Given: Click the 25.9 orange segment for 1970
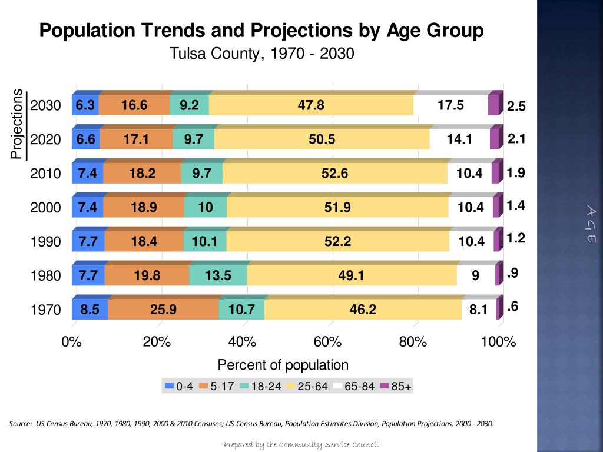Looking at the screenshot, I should pos(163,309).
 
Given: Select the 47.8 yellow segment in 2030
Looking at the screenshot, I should pos(311,105).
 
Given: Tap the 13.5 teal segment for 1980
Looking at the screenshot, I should pos(218,275).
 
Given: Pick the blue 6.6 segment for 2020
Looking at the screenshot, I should pos(86,139).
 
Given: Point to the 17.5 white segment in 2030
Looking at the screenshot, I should pos(451,105).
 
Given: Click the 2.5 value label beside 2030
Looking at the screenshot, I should pos(516,107).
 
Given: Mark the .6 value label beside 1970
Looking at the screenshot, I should pos(512,307).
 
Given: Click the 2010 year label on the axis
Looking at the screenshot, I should pos(45,174).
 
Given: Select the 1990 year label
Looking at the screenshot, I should pos(45,242).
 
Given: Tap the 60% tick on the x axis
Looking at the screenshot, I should pos(327,343).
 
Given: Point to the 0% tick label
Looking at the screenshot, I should pos(72,343).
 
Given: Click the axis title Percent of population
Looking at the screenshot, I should pos(283,365).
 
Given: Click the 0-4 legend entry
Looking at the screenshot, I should pos(179,387).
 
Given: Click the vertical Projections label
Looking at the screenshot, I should pos(17,124).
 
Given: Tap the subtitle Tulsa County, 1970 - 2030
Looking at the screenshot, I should pos(261,54).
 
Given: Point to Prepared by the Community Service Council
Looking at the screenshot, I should pos(301,444).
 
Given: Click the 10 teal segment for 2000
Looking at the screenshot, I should pos(206,207).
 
